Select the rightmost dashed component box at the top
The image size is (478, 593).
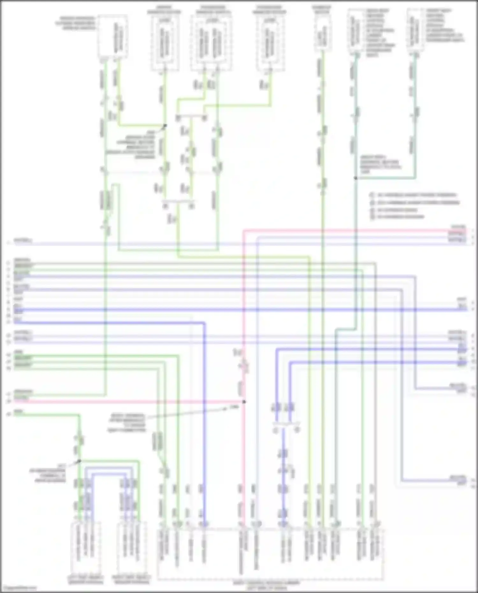pos(415,30)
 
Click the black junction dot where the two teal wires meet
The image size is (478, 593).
pos(356,178)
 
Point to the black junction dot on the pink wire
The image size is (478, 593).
pos(244,402)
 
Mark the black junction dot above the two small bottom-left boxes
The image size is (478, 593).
pos(80,461)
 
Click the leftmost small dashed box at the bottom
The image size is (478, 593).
pos(85,548)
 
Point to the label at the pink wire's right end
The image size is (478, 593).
pos(458,227)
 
